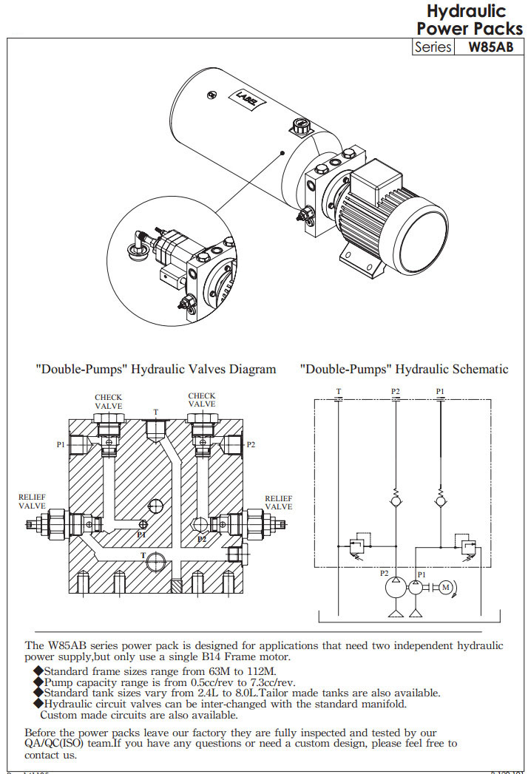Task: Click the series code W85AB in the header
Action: (x=491, y=47)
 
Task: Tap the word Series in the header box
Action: (x=433, y=47)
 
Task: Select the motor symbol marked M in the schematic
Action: (x=444, y=587)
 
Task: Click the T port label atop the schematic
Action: (x=339, y=391)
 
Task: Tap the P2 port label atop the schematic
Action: (x=396, y=391)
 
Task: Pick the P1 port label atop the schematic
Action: (x=440, y=391)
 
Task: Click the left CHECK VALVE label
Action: (x=109, y=401)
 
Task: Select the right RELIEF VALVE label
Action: (x=279, y=503)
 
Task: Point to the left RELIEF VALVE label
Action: (x=32, y=501)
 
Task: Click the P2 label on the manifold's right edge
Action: (x=251, y=444)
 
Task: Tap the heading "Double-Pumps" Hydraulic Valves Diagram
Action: (x=156, y=369)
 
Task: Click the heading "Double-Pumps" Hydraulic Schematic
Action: (x=404, y=369)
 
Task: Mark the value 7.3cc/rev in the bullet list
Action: (x=268, y=682)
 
